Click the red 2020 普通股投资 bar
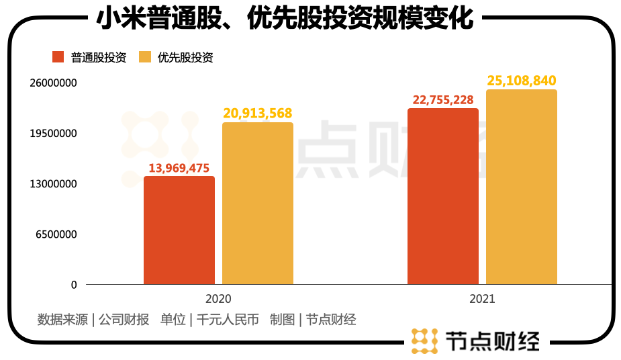179,230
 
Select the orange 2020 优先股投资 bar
258,204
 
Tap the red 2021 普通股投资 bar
443,196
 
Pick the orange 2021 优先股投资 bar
522,187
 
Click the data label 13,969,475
179,167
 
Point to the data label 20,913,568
258,114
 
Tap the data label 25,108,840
522,81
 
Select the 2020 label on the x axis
218,299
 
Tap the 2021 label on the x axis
482,299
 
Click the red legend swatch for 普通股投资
58,58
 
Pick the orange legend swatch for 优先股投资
144,58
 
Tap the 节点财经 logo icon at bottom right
424,341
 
